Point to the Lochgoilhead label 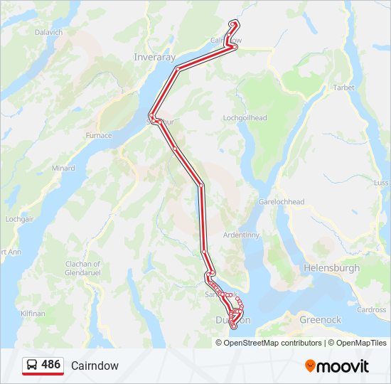(x=245, y=118)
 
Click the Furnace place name (x=99, y=135)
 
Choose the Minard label (x=63, y=169)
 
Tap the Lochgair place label (x=20, y=220)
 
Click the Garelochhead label (x=282, y=202)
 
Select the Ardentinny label (x=245, y=234)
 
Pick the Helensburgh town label (x=331, y=268)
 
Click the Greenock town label (x=321, y=320)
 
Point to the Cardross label (x=372, y=310)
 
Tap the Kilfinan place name (x=33, y=313)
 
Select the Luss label (x=381, y=183)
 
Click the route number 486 (x=50, y=365)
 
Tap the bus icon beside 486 (x=32, y=366)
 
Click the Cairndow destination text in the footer (x=95, y=366)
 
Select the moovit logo (x=337, y=366)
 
